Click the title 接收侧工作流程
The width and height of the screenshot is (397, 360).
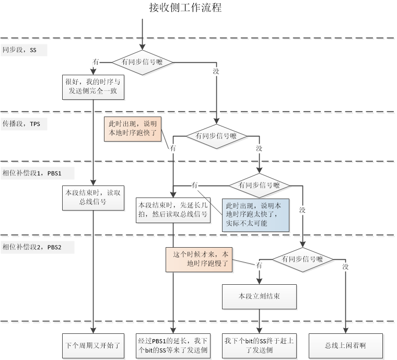185,8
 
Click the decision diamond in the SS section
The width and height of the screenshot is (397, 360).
142,62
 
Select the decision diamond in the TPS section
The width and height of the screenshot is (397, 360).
216,136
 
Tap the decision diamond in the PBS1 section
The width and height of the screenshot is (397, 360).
259,185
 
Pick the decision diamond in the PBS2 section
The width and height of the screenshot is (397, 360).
302,259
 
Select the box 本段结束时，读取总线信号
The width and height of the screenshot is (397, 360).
93,197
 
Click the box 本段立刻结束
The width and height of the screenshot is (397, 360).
259,296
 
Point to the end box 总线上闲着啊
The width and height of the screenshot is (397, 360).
345,345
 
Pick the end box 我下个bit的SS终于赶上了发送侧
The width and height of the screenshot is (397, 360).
259,345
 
